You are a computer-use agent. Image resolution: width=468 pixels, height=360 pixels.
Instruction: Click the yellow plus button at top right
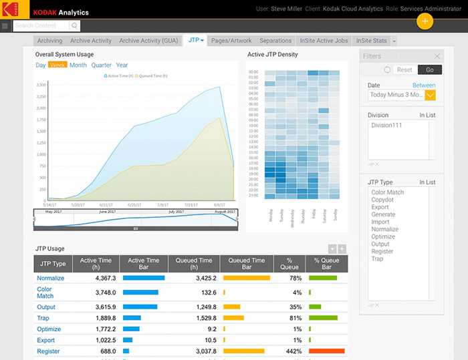coord(425,20)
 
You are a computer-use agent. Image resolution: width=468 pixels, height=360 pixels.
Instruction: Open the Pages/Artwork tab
coord(231,41)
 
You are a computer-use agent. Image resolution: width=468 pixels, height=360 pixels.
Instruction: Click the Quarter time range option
coord(102,65)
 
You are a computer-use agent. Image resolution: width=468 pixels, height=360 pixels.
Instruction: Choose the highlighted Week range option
coord(57,65)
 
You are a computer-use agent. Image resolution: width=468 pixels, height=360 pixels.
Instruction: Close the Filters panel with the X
coord(437,57)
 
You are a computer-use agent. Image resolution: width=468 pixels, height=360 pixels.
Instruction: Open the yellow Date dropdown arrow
coord(431,95)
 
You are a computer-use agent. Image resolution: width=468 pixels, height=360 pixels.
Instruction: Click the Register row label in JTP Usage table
coord(48,351)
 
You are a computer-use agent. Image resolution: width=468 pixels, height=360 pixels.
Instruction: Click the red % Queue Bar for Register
coord(326,351)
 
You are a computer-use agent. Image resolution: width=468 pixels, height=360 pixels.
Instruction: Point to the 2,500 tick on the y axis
coord(41,85)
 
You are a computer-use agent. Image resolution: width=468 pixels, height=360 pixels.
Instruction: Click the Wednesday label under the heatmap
coord(292,220)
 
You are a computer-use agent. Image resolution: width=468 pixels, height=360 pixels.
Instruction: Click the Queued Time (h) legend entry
coord(154,77)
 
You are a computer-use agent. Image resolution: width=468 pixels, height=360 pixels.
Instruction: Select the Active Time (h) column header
coord(97,264)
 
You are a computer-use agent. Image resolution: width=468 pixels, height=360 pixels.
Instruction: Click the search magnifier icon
coord(74,26)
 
